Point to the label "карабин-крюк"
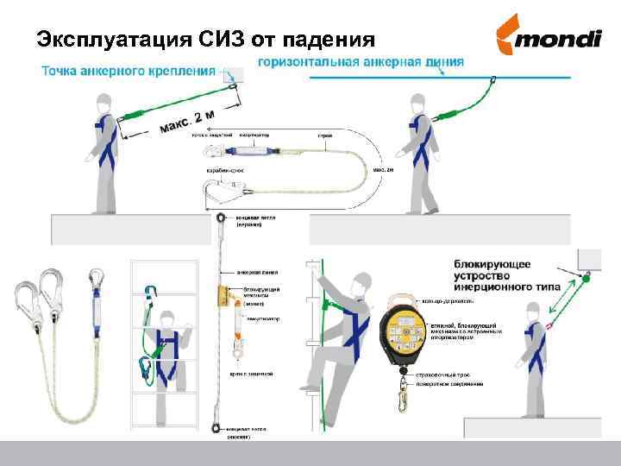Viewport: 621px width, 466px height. [225, 170]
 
